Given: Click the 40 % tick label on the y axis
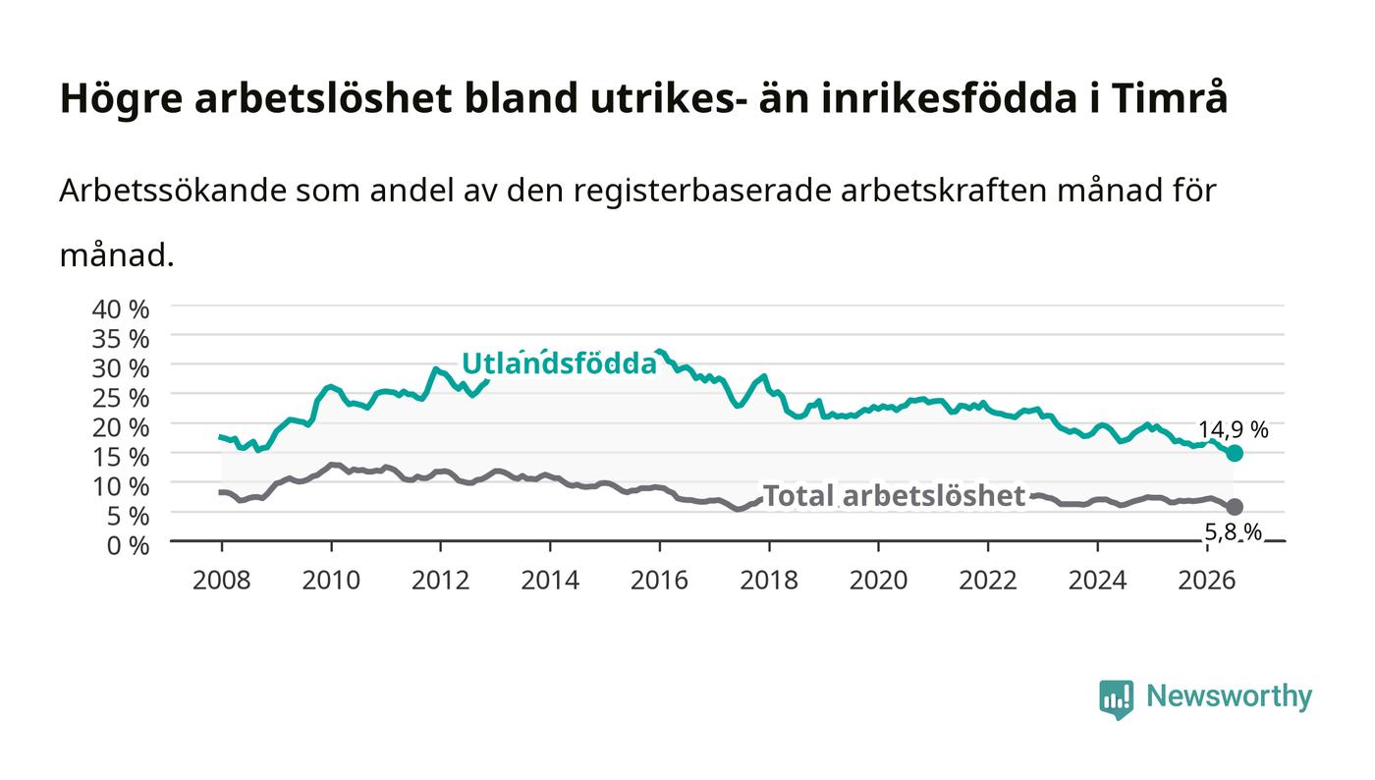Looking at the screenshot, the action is click(120, 309).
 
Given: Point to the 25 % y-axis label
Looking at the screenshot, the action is click(120, 399).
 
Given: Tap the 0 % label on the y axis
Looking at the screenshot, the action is click(128, 546).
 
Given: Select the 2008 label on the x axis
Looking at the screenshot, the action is click(222, 581).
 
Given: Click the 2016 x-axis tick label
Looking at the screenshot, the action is click(659, 581).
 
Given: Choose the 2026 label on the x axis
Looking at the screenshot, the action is click(1207, 581).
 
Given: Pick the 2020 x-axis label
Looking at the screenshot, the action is click(878, 581).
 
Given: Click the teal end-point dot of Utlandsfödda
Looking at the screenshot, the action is click(1235, 453).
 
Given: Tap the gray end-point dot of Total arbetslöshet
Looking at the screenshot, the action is click(1235, 507).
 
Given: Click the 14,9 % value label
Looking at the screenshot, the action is click(1234, 430).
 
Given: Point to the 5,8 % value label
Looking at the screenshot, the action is click(1234, 532).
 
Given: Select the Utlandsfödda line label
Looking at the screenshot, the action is click(559, 363).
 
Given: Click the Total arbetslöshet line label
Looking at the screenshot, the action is click(895, 496).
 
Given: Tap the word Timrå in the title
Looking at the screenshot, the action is click(1170, 98).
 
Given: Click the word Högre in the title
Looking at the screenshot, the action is click(121, 99).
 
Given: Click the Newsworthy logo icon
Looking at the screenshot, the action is click(1116, 699).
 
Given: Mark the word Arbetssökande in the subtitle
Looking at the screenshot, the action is click(173, 191).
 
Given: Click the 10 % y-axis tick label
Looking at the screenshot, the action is click(120, 487).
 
